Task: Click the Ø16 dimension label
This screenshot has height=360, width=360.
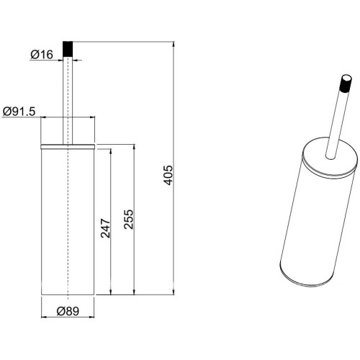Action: tap(42, 55)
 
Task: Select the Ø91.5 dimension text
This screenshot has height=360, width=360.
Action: tap(19, 112)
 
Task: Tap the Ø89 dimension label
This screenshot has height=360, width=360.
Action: tap(68, 311)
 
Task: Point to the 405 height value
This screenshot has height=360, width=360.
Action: tap(168, 175)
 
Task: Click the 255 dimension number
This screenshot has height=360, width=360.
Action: tap(128, 220)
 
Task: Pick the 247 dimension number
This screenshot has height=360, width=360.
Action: tap(105, 228)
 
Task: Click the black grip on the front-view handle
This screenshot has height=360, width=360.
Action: tap(68, 49)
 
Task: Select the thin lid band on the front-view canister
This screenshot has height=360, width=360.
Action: tap(68, 147)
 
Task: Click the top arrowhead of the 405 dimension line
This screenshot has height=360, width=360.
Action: tap(174, 45)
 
